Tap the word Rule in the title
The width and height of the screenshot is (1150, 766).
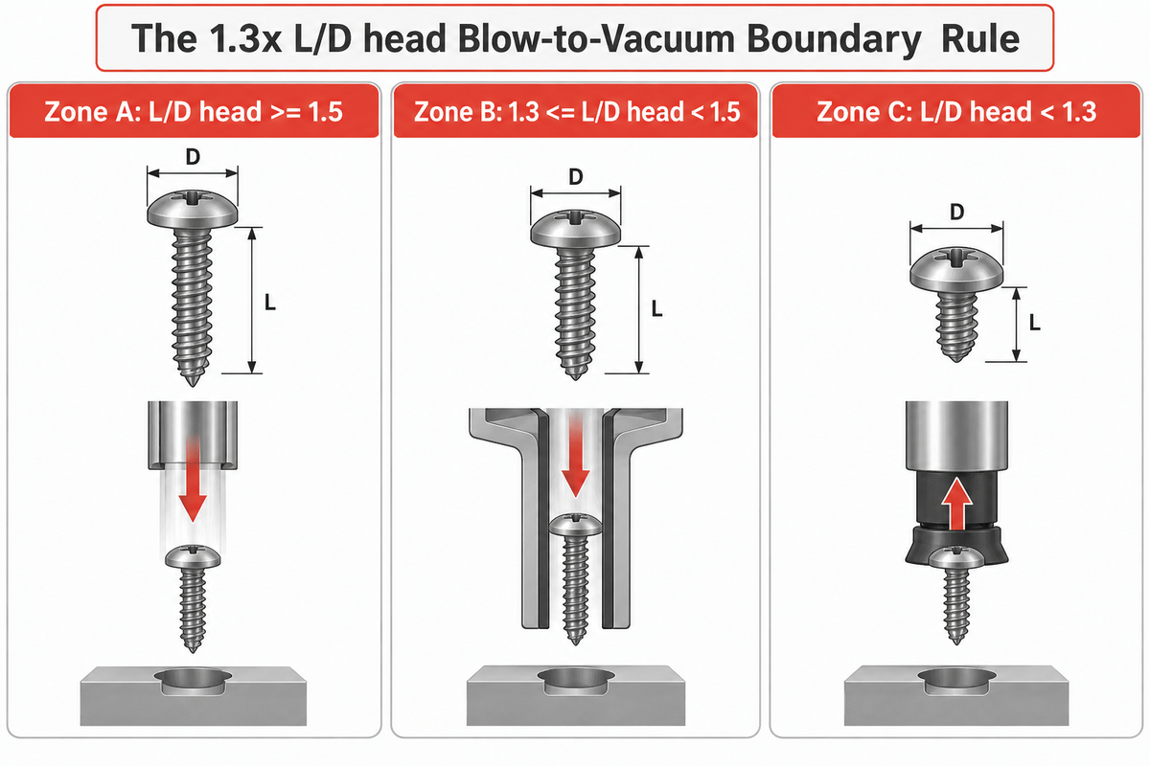pos(980,39)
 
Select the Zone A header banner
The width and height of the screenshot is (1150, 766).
pos(194,111)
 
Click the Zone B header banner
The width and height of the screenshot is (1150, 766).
pos(576,111)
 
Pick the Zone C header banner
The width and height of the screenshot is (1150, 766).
pos(956,111)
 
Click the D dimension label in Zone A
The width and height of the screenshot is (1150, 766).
pos(193,157)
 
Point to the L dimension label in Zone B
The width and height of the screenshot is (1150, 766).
pos(656,309)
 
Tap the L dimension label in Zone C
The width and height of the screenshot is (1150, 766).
pos(1034,323)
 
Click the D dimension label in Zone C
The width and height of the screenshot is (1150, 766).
pos(956,212)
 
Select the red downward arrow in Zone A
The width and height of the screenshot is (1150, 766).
pos(193,482)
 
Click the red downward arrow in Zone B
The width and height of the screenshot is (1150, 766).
pos(575,457)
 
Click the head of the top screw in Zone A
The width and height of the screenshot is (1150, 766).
pos(193,210)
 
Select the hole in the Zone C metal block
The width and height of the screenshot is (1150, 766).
pos(956,681)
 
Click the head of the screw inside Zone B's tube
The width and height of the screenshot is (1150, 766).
pos(575,526)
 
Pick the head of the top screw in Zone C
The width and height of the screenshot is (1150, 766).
pos(956,268)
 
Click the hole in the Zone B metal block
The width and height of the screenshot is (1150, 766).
pos(576,681)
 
